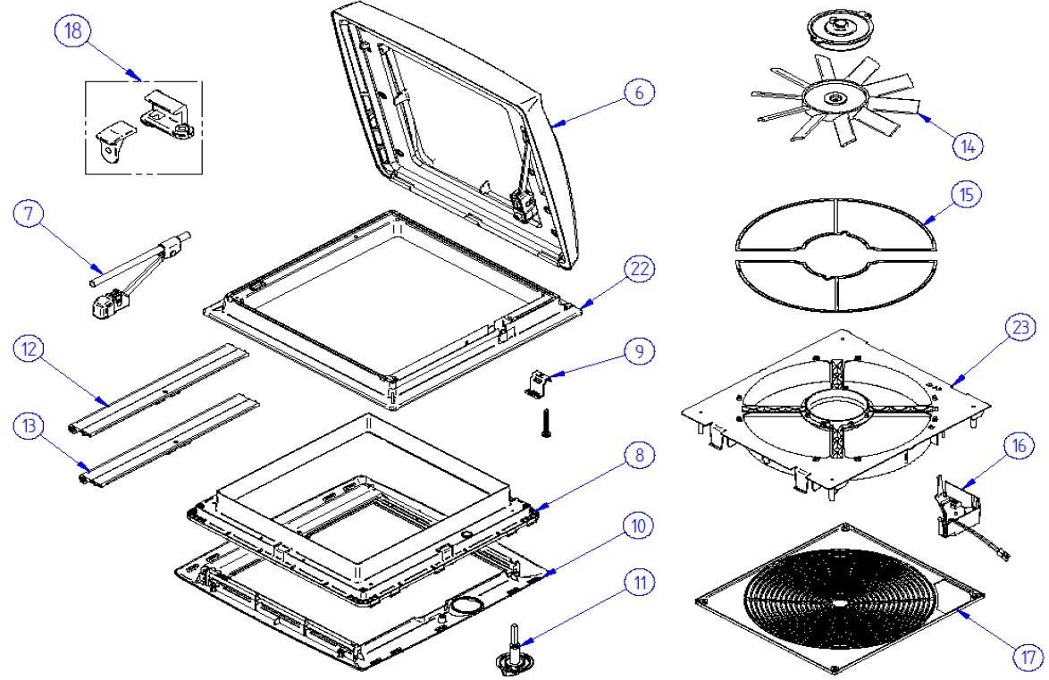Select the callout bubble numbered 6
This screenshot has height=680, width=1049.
click(639, 93)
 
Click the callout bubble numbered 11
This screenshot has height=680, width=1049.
click(639, 583)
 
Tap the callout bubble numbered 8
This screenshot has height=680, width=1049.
click(639, 456)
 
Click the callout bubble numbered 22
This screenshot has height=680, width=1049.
click(639, 270)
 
